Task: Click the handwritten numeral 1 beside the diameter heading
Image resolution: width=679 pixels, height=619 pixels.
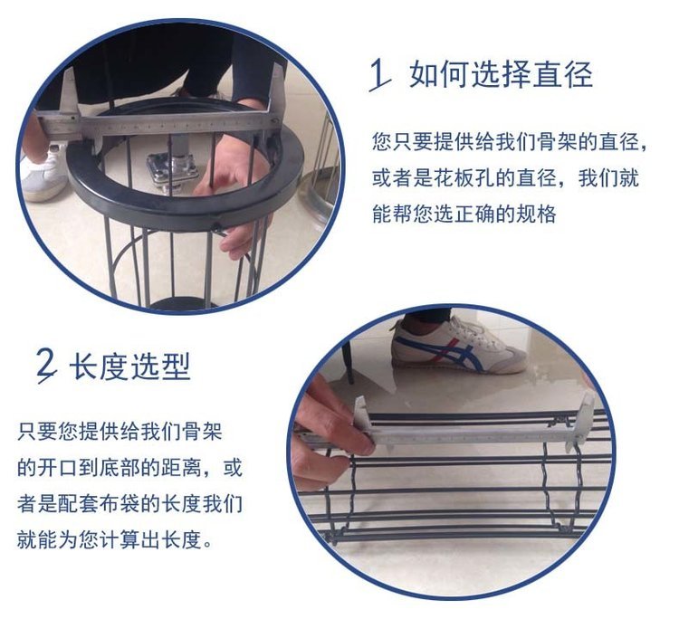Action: [379, 75]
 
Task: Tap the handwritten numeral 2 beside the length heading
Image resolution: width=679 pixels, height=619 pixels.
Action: [47, 367]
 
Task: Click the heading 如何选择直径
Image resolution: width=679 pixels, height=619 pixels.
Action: [501, 75]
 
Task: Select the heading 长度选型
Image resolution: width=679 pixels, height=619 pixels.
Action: [129, 367]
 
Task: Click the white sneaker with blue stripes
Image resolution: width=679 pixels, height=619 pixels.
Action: [460, 345]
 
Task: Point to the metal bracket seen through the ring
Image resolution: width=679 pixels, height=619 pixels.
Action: [172, 169]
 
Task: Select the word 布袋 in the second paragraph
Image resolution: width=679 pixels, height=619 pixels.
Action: [120, 504]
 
